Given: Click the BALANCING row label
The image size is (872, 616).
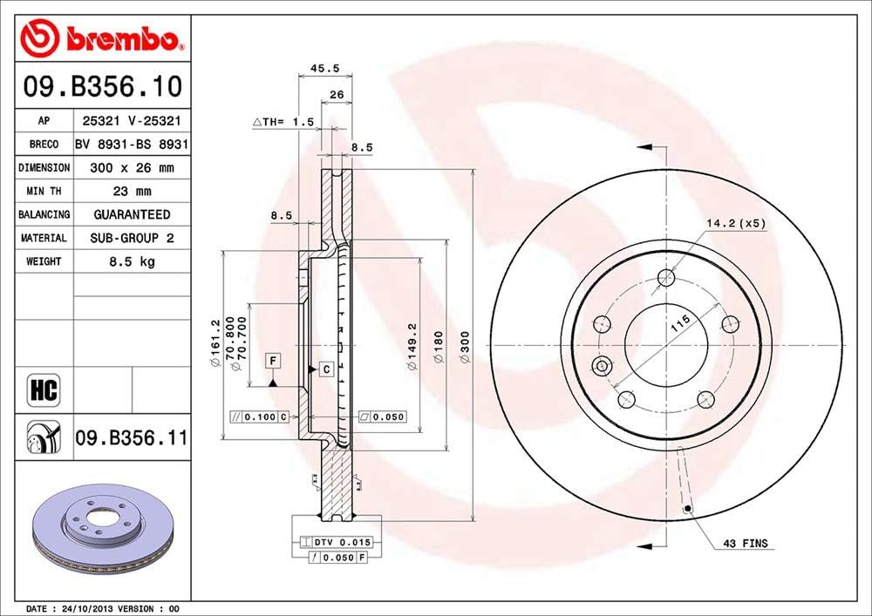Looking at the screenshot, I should pyautogui.click(x=44, y=214).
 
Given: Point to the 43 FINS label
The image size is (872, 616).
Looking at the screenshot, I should pyautogui.click(x=745, y=544).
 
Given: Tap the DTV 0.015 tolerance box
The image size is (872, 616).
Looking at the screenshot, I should pyautogui.click(x=336, y=542).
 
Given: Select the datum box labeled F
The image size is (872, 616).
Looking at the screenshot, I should pyautogui.click(x=273, y=361).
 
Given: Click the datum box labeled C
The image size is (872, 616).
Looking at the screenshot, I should pyautogui.click(x=326, y=369).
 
